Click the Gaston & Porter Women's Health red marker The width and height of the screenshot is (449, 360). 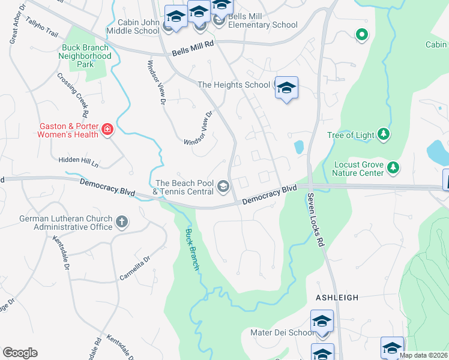click(107, 130)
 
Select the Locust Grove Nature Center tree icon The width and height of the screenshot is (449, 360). click(393, 166)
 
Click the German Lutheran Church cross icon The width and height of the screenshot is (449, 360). click(121, 222)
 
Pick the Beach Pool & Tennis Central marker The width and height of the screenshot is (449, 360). click(223, 187)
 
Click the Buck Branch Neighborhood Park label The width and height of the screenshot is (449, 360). click(85, 56)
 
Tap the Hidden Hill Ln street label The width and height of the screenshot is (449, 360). click(78, 160)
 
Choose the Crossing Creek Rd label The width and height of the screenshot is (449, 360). click(73, 95)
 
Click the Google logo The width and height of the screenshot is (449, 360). click(20, 353)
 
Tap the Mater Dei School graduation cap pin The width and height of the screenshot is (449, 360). click(322, 322)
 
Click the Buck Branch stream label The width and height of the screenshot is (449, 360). click(191, 250)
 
